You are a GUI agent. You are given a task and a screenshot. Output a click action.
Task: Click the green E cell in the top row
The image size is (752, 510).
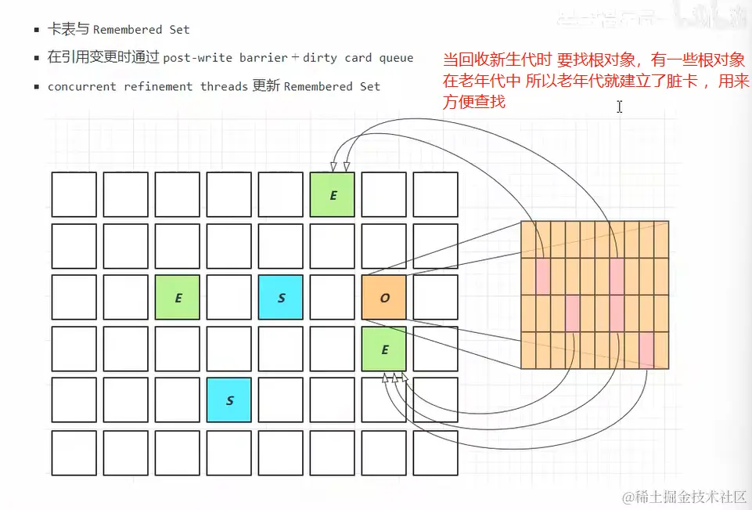coord(333,195)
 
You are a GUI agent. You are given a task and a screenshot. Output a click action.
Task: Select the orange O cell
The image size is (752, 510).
coord(384,298)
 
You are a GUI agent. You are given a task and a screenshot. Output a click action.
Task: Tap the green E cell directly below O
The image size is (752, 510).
coord(384,349)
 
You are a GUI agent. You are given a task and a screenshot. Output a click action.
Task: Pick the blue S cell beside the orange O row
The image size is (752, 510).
coord(281,298)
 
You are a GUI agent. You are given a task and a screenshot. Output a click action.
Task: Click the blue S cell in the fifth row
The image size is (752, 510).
coord(229,400)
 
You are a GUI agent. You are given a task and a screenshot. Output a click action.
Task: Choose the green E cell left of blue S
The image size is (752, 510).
coord(178,298)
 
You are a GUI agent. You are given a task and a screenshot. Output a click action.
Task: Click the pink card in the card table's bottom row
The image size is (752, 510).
coord(646,349)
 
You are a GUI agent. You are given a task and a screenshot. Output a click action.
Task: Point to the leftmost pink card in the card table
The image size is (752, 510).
coord(542,277)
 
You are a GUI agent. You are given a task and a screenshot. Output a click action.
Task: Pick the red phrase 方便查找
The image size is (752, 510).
coord(474,101)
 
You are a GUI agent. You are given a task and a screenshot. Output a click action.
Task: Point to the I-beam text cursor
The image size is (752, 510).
coord(619,107)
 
